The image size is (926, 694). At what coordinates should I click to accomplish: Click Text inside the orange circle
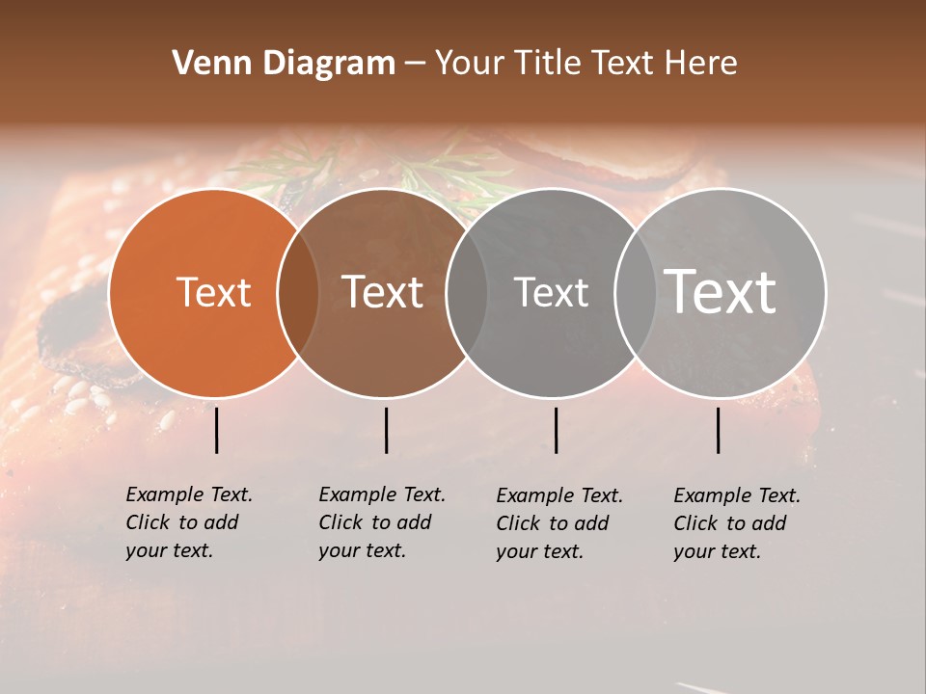pos(214,293)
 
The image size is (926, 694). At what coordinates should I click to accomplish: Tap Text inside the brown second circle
pos(383,293)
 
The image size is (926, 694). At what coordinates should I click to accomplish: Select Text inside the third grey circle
pos(551,293)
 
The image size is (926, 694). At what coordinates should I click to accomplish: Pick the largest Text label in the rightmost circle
pos(721,292)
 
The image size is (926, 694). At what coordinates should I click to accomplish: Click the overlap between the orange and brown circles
pos(298,293)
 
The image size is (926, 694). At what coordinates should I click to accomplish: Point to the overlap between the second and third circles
pos(467,293)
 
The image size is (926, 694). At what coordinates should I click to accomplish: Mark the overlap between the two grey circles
pos(636,293)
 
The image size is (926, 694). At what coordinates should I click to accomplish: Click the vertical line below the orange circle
pos(216,430)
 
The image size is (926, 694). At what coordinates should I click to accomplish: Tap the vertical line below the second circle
pos(386,430)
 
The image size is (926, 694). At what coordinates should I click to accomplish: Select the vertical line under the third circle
pos(556,430)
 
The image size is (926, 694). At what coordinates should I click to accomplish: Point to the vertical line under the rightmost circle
pos(718,430)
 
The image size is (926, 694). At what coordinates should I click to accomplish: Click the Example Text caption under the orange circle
pos(188,522)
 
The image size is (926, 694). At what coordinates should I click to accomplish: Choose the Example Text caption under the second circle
pos(381,522)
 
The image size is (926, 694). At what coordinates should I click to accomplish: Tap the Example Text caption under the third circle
pos(558,523)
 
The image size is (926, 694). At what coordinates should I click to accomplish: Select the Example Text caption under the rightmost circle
pos(736,523)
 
